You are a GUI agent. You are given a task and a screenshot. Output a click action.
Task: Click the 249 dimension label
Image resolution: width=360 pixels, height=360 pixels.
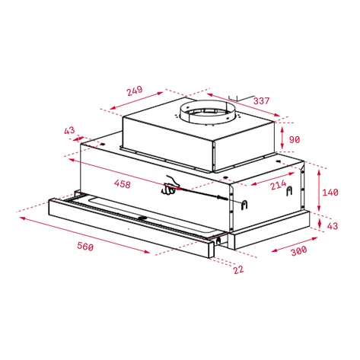point(134,91)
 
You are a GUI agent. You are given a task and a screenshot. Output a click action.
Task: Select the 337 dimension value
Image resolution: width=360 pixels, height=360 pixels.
point(261,100)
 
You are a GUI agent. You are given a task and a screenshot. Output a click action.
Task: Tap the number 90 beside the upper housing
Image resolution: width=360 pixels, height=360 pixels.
point(295,139)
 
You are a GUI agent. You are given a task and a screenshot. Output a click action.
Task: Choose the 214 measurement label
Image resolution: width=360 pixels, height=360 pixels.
point(277,184)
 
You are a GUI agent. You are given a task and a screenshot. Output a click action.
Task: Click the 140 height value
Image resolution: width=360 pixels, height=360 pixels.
point(330,193)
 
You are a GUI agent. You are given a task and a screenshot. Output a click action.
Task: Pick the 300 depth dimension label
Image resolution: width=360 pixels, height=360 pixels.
point(298,250)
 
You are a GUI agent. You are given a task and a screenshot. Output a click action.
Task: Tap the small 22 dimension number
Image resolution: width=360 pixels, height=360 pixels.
point(238,269)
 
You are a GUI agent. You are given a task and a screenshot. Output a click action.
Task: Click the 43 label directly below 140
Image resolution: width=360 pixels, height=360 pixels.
point(331,226)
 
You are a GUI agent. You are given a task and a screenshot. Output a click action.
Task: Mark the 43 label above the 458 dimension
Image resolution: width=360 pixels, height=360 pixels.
point(70,131)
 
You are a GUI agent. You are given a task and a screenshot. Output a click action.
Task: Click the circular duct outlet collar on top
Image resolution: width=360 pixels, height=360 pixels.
point(207,113)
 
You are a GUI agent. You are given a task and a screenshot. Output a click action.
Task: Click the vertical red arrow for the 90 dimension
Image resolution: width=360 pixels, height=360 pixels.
point(282,138)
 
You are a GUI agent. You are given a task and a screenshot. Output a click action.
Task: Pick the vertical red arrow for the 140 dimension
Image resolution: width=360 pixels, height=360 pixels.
point(316,190)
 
